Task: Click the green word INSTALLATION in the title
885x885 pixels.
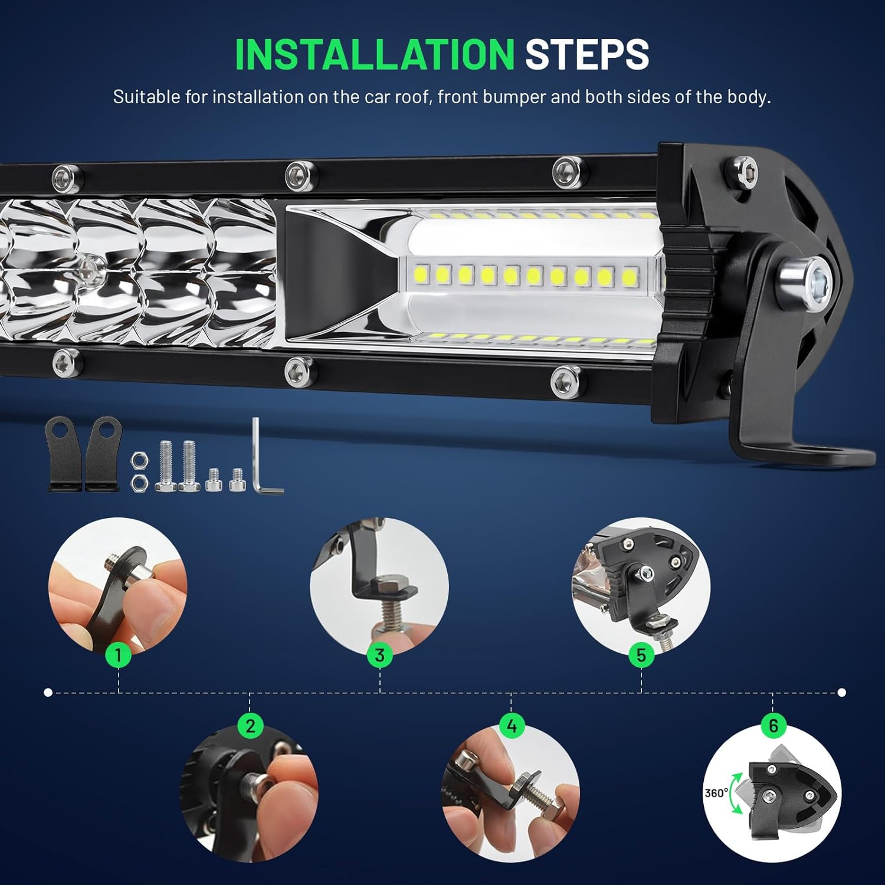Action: pyautogui.click(x=375, y=55)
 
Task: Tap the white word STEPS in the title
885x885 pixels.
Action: pyautogui.click(x=587, y=55)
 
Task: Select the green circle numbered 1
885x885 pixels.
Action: pyautogui.click(x=119, y=655)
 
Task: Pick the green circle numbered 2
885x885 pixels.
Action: pyautogui.click(x=250, y=726)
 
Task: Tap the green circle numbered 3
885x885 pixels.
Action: pyautogui.click(x=379, y=655)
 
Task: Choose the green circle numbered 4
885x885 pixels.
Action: pyautogui.click(x=512, y=726)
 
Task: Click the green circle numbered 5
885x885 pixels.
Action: pyautogui.click(x=641, y=655)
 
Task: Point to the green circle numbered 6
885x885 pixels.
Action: pyautogui.click(x=773, y=726)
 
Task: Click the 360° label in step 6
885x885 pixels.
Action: pyautogui.click(x=716, y=793)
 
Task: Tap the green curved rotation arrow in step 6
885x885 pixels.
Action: pyautogui.click(x=735, y=794)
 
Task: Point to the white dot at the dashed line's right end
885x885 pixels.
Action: pyautogui.click(x=842, y=692)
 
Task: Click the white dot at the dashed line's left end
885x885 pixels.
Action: pyautogui.click(x=48, y=692)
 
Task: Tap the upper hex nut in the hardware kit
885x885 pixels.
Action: pyautogui.click(x=140, y=458)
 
